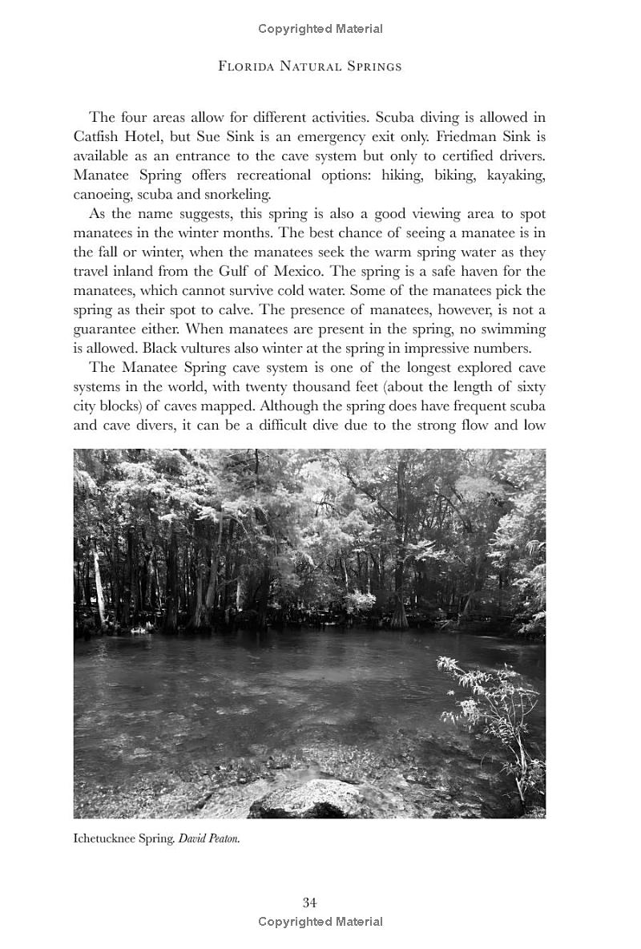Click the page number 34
(309, 903)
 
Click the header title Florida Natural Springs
(309, 66)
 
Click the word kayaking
(517, 175)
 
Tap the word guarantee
(105, 329)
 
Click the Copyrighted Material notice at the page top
(320, 29)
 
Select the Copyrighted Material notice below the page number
(320, 922)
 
